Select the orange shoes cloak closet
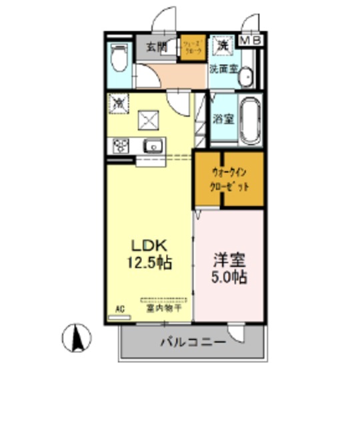(x=192, y=48)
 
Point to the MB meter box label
(x=251, y=41)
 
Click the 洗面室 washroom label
(x=223, y=68)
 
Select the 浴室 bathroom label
(x=223, y=119)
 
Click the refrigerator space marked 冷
(x=118, y=103)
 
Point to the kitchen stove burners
(x=121, y=145)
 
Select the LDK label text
(x=149, y=245)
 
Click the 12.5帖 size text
(x=150, y=262)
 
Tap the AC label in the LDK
(x=121, y=309)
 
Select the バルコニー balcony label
(x=193, y=342)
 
